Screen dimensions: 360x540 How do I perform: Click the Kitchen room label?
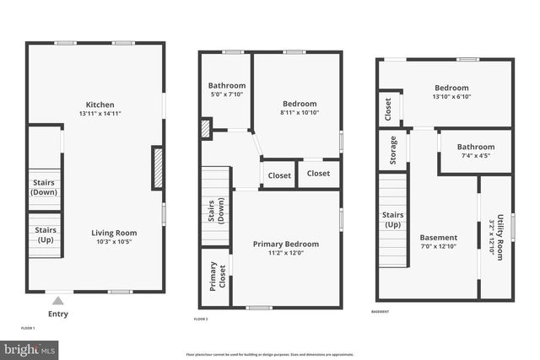(94, 105)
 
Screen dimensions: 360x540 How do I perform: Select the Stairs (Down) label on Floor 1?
(44, 187)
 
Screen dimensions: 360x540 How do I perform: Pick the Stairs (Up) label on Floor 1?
(44, 234)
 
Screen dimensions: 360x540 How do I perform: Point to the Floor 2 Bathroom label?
(227, 85)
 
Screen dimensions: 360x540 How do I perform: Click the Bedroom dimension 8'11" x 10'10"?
(299, 112)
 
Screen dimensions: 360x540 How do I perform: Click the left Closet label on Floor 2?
(279, 175)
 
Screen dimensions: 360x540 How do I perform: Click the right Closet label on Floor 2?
(318, 174)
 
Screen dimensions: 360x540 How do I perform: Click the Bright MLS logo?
(30, 348)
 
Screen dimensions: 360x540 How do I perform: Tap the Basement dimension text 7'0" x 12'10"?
(439, 247)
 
